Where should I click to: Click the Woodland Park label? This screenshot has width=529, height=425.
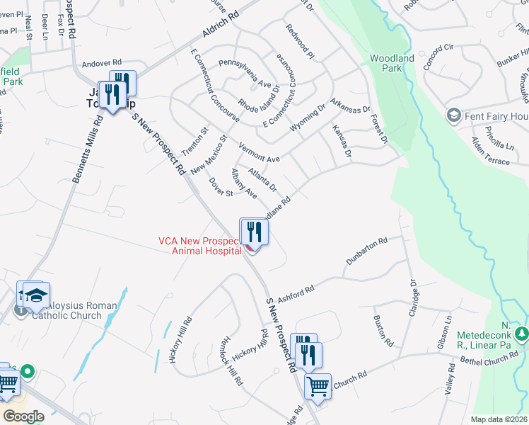pyautogui.click(x=386, y=63)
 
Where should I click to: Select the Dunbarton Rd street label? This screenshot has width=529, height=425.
pyautogui.click(x=367, y=251)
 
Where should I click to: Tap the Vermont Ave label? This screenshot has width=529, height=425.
pyautogui.click(x=260, y=154)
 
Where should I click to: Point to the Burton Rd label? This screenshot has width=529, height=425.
pyautogui.click(x=383, y=330)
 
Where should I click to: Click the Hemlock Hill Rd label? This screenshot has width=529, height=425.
pyautogui.click(x=231, y=361)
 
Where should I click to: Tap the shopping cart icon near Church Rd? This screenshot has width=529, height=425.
pyautogui.click(x=318, y=387)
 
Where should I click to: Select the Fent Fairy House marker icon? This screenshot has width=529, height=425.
pyautogui.click(x=453, y=115)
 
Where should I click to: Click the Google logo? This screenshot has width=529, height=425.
pyautogui.click(x=23, y=416)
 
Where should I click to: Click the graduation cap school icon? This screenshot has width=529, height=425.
pyautogui.click(x=36, y=295)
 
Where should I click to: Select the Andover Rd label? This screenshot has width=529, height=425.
pyautogui.click(x=103, y=62)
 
